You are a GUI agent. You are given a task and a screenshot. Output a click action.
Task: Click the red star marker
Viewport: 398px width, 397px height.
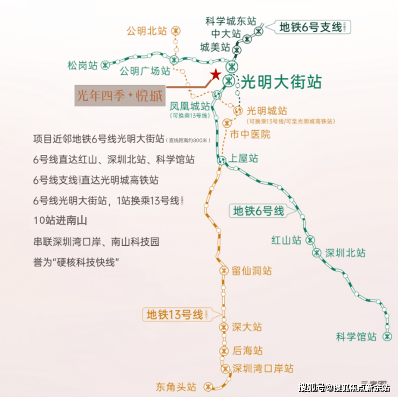point(215,75)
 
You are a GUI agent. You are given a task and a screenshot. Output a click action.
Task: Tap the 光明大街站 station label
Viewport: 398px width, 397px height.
point(281,82)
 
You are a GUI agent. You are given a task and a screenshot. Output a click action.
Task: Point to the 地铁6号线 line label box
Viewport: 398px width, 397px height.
point(258,211)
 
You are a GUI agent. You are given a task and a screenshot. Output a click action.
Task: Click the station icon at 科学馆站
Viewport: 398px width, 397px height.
point(387,336)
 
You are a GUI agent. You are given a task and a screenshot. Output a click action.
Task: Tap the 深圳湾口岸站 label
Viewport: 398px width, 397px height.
point(264,368)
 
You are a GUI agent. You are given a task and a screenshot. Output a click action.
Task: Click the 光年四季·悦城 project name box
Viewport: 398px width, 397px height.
point(119,96)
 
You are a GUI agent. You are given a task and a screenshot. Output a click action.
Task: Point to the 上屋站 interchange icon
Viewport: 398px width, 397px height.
point(221,160)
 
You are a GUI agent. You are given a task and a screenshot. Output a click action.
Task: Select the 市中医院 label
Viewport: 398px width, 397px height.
point(250,134)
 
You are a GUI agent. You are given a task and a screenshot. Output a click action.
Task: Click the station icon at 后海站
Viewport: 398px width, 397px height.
point(224,351)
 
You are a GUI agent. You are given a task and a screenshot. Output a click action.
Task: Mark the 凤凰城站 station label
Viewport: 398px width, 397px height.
point(189,106)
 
